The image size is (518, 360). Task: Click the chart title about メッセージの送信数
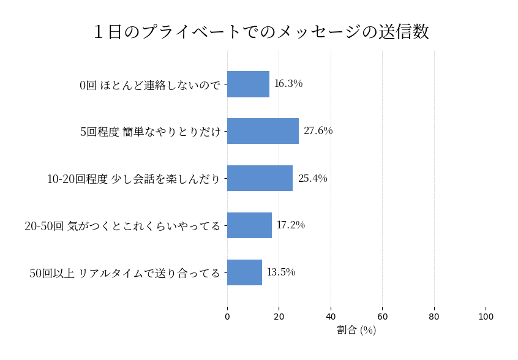pyautogui.click(x=261, y=32)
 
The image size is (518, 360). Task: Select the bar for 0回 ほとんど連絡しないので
pyautogui.click(x=248, y=84)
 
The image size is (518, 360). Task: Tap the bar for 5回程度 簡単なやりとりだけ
pyautogui.click(x=263, y=131)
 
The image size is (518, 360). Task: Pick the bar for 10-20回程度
pyautogui.click(x=260, y=178)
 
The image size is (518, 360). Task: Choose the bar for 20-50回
pyautogui.click(x=249, y=225)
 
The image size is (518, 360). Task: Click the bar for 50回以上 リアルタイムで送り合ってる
pyautogui.click(x=244, y=272)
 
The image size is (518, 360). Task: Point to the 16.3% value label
pyautogui.click(x=288, y=84)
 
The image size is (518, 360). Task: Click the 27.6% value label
pyautogui.click(x=318, y=131)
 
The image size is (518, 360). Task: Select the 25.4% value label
pyautogui.click(x=312, y=178)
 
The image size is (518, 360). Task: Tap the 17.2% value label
pyautogui.click(x=291, y=225)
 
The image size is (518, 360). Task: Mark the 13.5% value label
pyautogui.click(x=281, y=272)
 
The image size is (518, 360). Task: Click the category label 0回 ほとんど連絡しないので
pyautogui.click(x=150, y=85)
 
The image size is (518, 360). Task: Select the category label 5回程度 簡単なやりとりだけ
pyautogui.click(x=151, y=132)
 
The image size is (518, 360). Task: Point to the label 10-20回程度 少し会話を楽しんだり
pyautogui.click(x=133, y=179)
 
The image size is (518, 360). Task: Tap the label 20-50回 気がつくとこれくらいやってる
pyautogui.click(x=122, y=226)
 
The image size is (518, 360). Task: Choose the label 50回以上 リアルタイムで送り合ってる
pyautogui.click(x=125, y=273)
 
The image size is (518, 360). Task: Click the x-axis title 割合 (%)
pyautogui.click(x=356, y=330)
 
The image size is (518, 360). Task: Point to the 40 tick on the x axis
pyautogui.click(x=331, y=317)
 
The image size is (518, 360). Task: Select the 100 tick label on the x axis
pyautogui.click(x=486, y=317)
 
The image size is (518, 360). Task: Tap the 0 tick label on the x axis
pyautogui.click(x=227, y=317)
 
